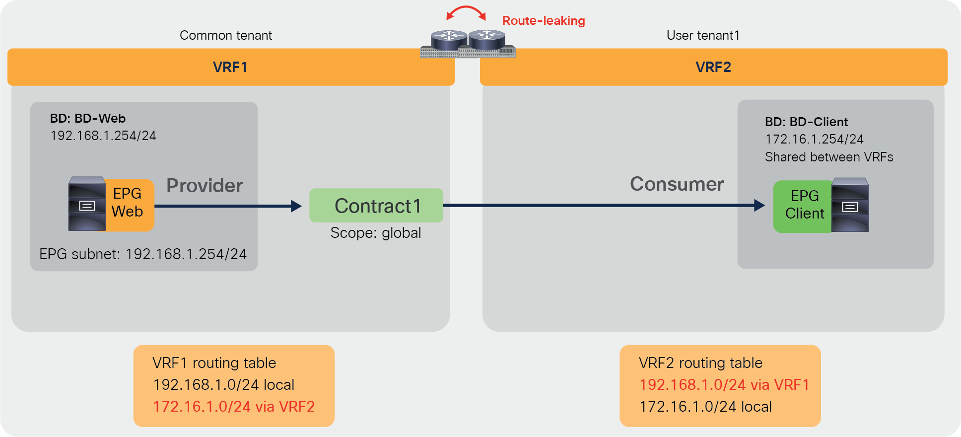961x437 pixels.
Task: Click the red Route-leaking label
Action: (x=544, y=21)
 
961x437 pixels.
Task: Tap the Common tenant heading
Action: (x=226, y=35)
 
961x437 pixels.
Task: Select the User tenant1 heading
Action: (x=703, y=35)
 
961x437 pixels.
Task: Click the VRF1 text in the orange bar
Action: (x=230, y=67)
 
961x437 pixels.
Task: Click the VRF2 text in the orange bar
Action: (x=713, y=67)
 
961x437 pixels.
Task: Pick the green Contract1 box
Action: (x=376, y=205)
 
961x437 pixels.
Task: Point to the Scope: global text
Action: (x=376, y=233)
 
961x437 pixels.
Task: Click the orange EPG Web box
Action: (x=128, y=203)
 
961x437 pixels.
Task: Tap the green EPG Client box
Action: (x=804, y=205)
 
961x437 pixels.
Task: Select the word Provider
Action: (x=205, y=186)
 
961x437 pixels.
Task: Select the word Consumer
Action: (x=677, y=184)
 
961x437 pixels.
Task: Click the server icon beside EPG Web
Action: (x=87, y=204)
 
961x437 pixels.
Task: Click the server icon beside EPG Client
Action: (x=850, y=205)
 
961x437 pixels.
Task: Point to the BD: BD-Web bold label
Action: (x=88, y=118)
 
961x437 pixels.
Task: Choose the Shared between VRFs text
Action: (x=828, y=157)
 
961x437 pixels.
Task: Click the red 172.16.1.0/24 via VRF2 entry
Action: (x=234, y=407)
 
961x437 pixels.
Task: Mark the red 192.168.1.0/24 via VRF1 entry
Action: (x=724, y=385)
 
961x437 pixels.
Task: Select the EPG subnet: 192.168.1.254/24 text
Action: (x=143, y=254)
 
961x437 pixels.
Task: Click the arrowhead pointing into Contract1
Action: (x=296, y=206)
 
